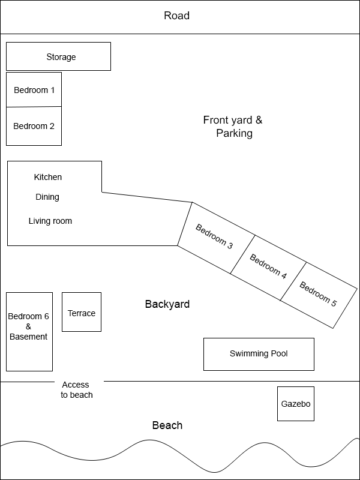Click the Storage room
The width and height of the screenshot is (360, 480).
[58, 56]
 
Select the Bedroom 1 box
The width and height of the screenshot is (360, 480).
[34, 89]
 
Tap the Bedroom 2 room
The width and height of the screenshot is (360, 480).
[34, 126]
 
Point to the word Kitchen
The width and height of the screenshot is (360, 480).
[48, 177]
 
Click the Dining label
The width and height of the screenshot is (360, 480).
[47, 197]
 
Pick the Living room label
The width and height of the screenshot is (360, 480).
[50, 221]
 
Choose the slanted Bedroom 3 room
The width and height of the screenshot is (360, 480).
[216, 238]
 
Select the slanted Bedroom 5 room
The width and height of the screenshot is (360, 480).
[319, 295]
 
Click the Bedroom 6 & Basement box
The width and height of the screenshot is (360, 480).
[29, 332]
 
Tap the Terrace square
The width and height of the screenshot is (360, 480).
[82, 312]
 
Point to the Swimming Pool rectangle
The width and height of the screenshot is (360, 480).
[259, 354]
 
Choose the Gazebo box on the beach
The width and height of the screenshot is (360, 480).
[296, 404]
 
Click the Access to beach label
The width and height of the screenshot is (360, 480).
[76, 389]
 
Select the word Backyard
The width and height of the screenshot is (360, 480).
[167, 304]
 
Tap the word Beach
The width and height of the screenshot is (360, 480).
[167, 425]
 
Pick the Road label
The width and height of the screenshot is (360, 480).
[176, 16]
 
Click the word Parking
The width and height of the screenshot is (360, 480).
[234, 133]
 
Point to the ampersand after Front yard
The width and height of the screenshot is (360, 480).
[259, 120]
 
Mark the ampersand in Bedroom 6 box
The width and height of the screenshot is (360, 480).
[28, 326]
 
